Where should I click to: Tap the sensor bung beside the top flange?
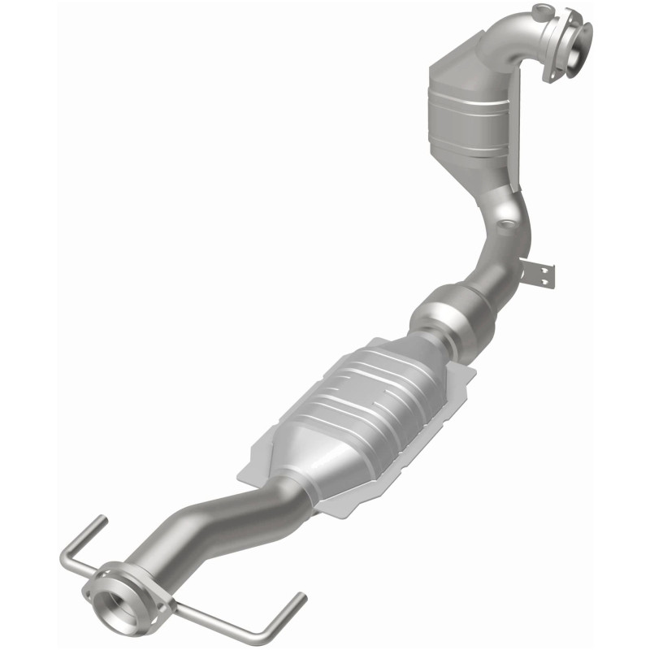coord(541,11)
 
